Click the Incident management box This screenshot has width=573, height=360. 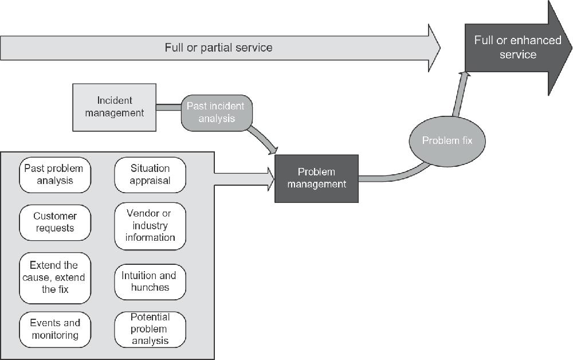click(x=115, y=107)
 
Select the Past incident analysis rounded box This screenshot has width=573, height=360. click(x=216, y=112)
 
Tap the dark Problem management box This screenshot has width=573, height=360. click(x=316, y=178)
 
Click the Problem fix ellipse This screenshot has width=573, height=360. click(x=447, y=140)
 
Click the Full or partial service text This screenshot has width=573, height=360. click(x=218, y=48)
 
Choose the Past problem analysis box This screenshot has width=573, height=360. click(x=54, y=174)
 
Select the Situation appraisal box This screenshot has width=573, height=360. click(x=150, y=174)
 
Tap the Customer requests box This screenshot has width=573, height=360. click(x=54, y=222)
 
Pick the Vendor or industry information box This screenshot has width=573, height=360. click(x=150, y=225)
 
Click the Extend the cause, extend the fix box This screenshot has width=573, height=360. click(x=55, y=277)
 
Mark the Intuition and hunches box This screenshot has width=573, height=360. click(x=150, y=281)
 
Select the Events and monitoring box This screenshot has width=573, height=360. click(x=54, y=328)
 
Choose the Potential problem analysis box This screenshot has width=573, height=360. click(x=150, y=329)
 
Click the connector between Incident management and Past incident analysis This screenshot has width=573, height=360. click(x=168, y=107)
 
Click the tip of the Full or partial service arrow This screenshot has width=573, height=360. click(x=438, y=48)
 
